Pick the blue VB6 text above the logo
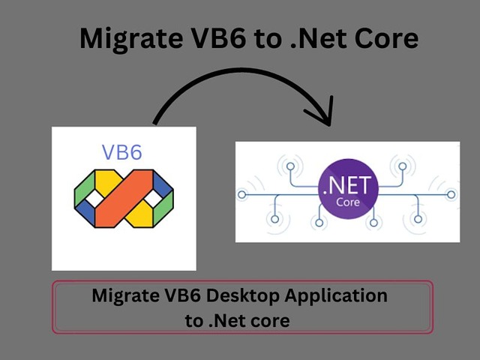pos(121,152)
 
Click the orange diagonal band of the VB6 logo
pos(124,198)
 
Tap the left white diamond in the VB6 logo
pos(95,198)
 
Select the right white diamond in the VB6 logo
pos(153,198)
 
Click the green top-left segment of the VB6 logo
pos(85,187)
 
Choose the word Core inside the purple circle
pos(348,202)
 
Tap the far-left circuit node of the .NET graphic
pos(241,195)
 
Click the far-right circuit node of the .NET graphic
pos(451,195)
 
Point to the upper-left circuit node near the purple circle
pos(290,166)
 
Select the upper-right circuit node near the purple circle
pos(403,166)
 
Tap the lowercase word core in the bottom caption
pos(270,322)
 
